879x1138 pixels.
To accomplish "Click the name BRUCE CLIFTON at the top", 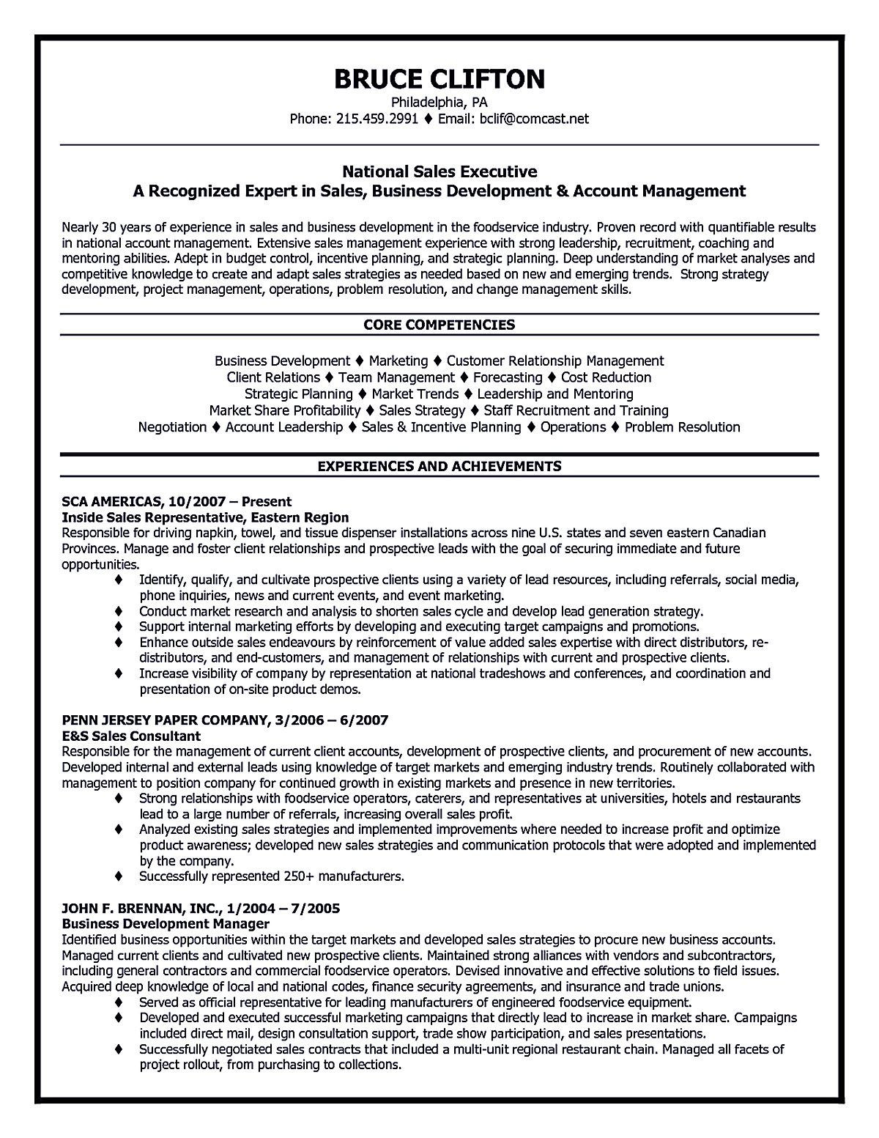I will pos(439,78).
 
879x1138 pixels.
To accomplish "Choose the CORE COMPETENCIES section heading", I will pos(439,325).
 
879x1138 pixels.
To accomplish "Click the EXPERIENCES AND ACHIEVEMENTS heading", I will pos(439,465).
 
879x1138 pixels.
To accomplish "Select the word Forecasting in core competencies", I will pos(508,377).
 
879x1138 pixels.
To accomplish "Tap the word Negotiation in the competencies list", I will pos(172,426).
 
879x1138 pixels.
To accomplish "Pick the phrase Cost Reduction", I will pos(606,377).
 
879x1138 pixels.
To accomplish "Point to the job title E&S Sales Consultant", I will pos(132,736).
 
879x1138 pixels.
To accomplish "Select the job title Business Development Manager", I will pos(166,923).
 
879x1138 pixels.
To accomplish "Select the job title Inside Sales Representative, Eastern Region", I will pos(205,517).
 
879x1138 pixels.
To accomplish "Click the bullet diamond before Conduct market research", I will pos(119,610).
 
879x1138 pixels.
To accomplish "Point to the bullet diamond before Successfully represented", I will pos(119,876).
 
